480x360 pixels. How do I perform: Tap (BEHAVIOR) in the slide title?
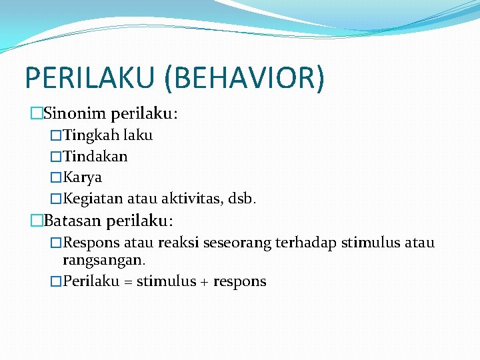click(x=245, y=77)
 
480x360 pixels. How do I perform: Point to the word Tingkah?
click(x=90, y=135)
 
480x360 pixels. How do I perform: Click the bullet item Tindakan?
click(x=95, y=157)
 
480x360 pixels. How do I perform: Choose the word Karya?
click(x=83, y=178)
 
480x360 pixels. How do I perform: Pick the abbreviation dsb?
click(x=241, y=199)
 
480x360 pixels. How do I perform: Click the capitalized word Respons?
click(x=92, y=243)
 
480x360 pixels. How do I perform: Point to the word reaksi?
click(x=177, y=243)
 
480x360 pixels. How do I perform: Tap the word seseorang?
click(x=234, y=243)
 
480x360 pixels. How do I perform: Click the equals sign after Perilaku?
click(x=126, y=281)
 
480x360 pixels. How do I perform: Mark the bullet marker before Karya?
click(x=56, y=178)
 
